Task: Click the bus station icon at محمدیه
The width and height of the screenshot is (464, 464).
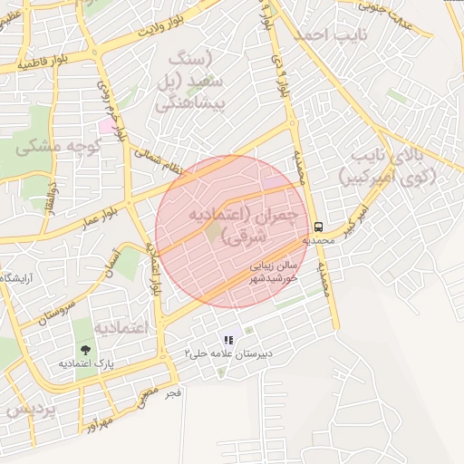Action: point(318,227)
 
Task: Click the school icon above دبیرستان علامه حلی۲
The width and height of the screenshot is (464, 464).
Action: point(227,340)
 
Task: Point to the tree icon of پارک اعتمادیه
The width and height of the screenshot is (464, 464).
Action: point(85,348)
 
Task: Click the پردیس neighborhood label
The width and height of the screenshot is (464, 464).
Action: point(27,409)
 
